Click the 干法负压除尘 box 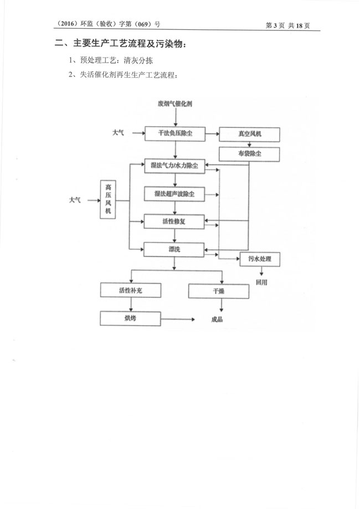pyautogui.click(x=174, y=133)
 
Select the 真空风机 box pyautogui.click(x=249, y=134)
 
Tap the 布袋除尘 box pyautogui.click(x=249, y=153)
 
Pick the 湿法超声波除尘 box pyautogui.click(x=174, y=194)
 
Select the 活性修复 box pyautogui.click(x=174, y=222)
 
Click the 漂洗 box pyautogui.click(x=174, y=249)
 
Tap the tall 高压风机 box pyautogui.click(x=108, y=200)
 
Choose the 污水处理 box pyautogui.click(x=260, y=259)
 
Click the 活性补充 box pyautogui.click(x=130, y=290)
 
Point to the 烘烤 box pyautogui.click(x=130, y=318)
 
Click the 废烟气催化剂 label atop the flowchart pyautogui.click(x=174, y=104)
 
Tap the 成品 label pyautogui.click(x=218, y=320)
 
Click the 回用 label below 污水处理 pyautogui.click(x=261, y=281)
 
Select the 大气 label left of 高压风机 pyautogui.click(x=75, y=199)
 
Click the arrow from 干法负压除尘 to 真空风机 pyautogui.click(x=212, y=134)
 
